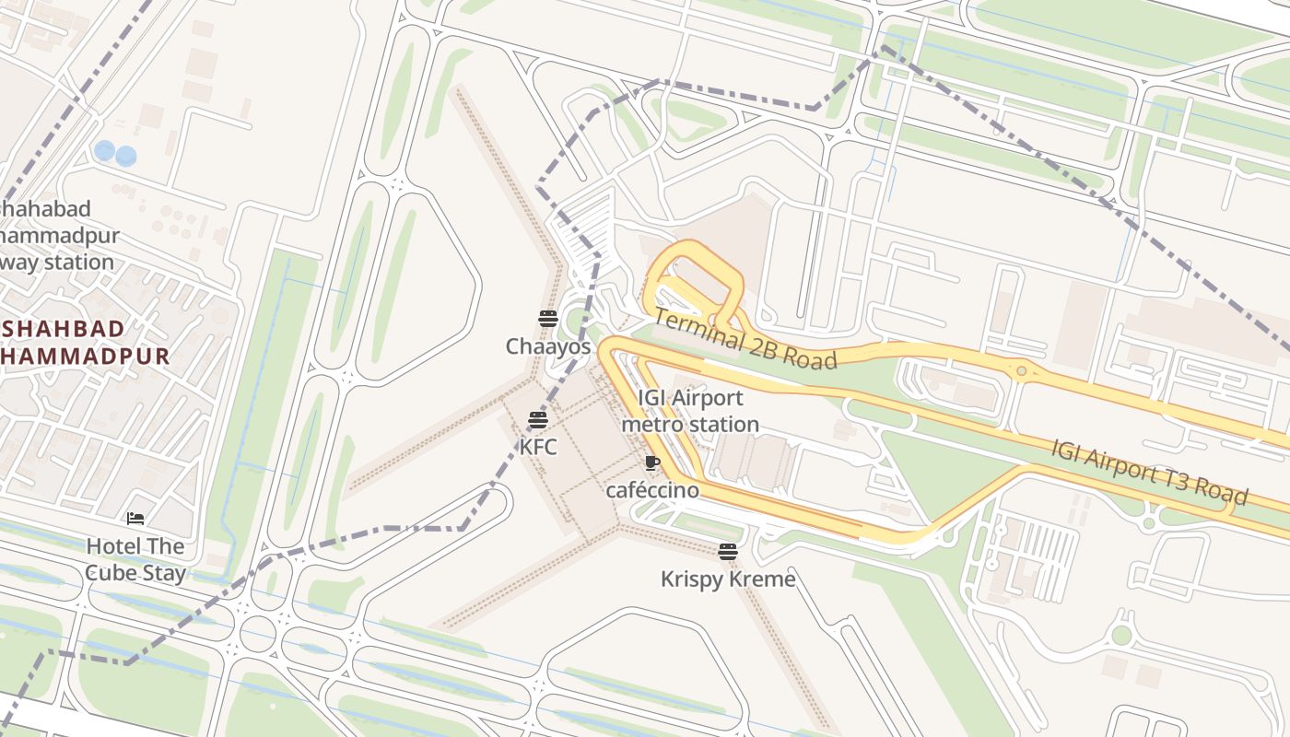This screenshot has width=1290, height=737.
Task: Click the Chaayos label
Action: [547, 347]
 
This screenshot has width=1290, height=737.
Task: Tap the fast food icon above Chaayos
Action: [548, 319]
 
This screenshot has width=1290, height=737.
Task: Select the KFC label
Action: [538, 448]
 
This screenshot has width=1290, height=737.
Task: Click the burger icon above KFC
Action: [538, 420]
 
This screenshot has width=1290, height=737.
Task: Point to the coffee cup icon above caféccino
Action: [652, 462]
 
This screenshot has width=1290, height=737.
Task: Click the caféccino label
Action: [651, 491]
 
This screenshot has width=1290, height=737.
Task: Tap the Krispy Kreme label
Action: [728, 579]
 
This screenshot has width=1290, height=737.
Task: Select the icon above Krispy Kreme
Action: [728, 552]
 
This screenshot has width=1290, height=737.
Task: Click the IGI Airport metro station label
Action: [690, 411]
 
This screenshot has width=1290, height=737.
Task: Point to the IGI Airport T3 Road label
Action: [1149, 472]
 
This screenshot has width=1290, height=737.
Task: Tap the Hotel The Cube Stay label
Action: [135, 559]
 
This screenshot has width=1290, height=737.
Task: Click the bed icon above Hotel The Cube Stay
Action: [135, 519]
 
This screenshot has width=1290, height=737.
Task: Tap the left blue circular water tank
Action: [104, 150]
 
